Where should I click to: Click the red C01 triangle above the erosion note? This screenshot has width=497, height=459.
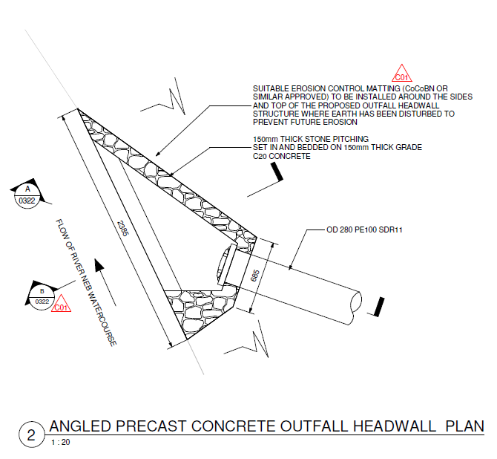coord(401,74)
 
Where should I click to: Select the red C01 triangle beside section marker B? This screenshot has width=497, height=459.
coord(62,305)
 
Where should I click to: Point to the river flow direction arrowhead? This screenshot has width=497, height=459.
coord(99,265)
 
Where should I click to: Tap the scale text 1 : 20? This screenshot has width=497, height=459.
coord(61,443)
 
